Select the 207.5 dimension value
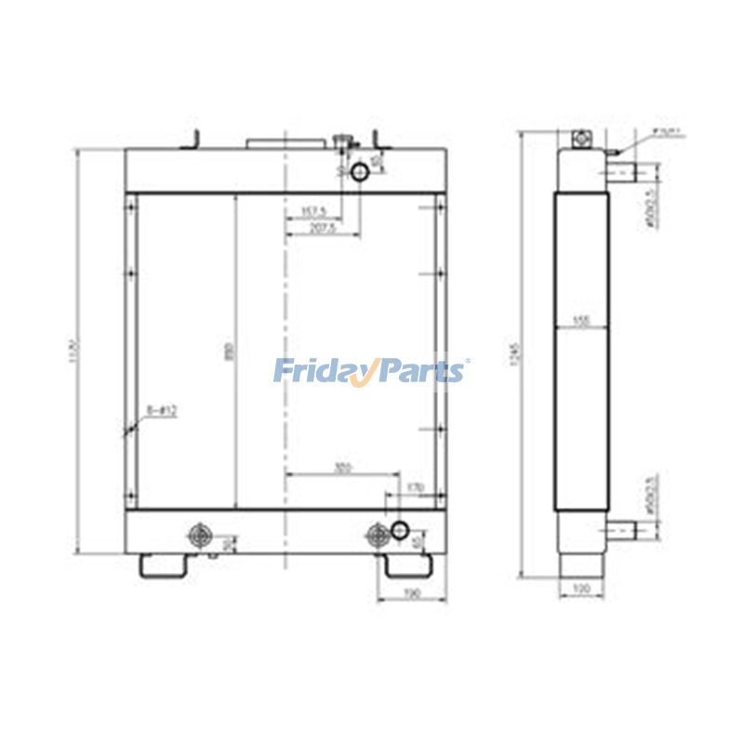click(321, 228)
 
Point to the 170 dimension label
click(416, 486)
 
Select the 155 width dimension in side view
click(582, 321)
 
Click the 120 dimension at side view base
click(582, 590)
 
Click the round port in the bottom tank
click(400, 529)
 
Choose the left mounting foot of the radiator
click(165, 565)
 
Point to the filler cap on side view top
click(581, 139)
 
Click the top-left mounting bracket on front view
click(194, 139)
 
